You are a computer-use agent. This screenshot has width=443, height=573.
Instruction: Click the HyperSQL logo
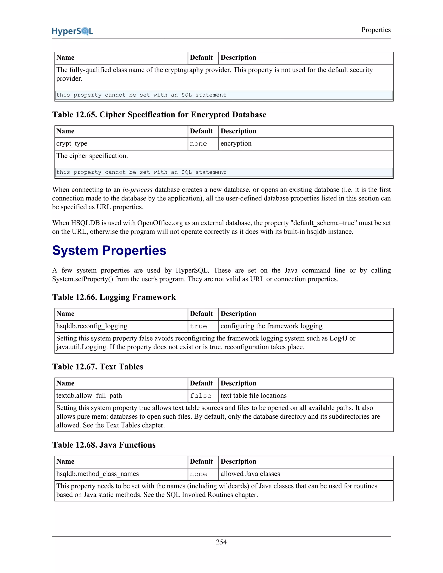(72, 31)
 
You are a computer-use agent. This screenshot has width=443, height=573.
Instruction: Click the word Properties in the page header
(376, 30)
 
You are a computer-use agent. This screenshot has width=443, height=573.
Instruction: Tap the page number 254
(221, 542)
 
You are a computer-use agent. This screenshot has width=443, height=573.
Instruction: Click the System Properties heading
(109, 250)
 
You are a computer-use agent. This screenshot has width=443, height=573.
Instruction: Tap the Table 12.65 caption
(159, 115)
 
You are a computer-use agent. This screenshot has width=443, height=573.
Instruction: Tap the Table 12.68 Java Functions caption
(104, 445)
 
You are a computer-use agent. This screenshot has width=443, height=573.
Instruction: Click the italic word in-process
(137, 190)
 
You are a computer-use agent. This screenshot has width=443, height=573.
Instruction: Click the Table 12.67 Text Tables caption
(97, 367)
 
